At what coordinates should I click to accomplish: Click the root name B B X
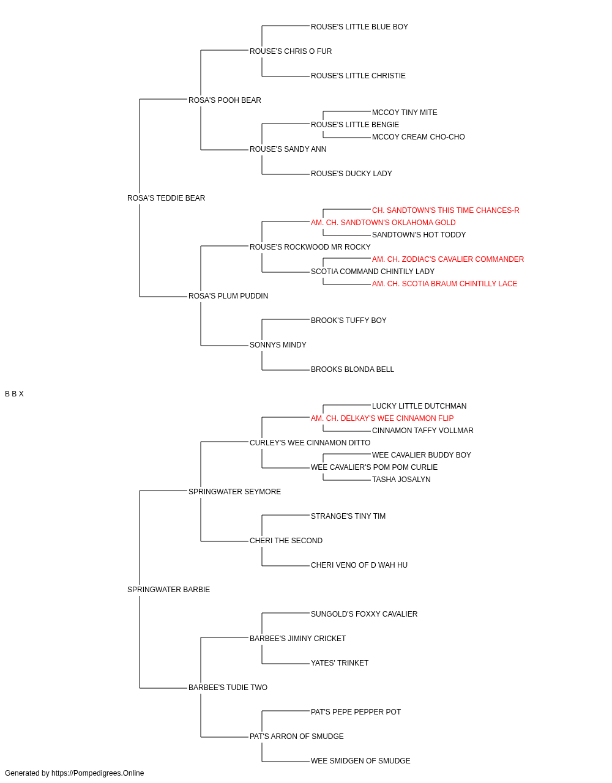pyautogui.click(x=14, y=394)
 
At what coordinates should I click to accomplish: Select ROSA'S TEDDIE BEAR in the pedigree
pyautogui.click(x=166, y=198)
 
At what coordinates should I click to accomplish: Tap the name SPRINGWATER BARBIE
pyautogui.click(x=168, y=590)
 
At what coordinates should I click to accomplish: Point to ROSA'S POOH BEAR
pyautogui.click(x=225, y=100)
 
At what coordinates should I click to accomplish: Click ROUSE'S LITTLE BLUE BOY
pyautogui.click(x=359, y=27)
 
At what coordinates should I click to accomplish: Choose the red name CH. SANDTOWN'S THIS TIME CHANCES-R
pyautogui.click(x=446, y=210)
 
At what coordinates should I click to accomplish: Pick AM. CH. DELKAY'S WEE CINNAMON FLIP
pyautogui.click(x=382, y=418)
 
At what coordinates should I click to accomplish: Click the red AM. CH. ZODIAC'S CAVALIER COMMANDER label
pyautogui.click(x=448, y=259)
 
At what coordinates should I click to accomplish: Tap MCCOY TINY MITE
pyautogui.click(x=405, y=113)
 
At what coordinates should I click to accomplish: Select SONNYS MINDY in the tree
pyautogui.click(x=278, y=345)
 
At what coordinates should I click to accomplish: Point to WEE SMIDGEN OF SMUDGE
pyautogui.click(x=360, y=761)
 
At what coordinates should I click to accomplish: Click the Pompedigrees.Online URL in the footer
pyautogui.click(x=98, y=773)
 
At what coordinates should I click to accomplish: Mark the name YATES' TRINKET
pyautogui.click(x=340, y=663)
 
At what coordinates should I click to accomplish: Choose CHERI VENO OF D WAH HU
pyautogui.click(x=359, y=565)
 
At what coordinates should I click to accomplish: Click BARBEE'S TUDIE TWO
pyautogui.click(x=228, y=688)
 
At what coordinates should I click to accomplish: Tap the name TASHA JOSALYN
pyautogui.click(x=401, y=480)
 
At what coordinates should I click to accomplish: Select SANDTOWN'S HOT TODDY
pyautogui.click(x=419, y=235)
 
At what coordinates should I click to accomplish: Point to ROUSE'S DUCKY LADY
pyautogui.click(x=351, y=174)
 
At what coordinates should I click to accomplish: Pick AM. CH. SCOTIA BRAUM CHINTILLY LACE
pyautogui.click(x=444, y=284)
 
